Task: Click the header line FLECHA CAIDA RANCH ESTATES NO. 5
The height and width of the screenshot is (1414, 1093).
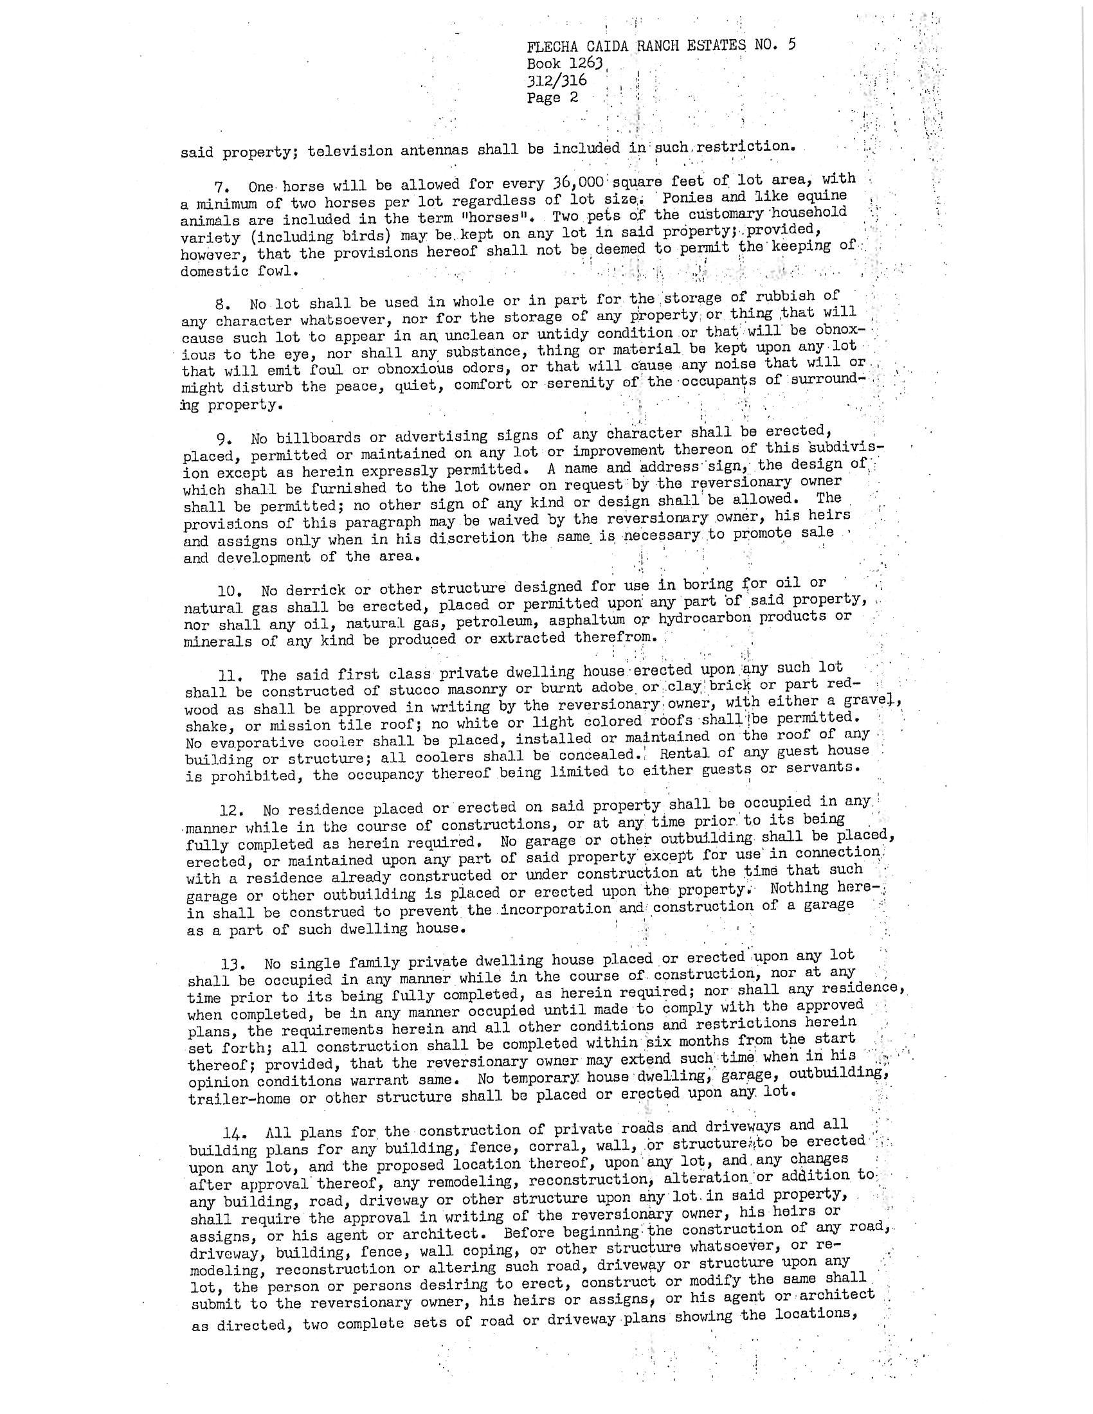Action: click(661, 46)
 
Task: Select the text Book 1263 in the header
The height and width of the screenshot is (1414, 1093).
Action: click(565, 64)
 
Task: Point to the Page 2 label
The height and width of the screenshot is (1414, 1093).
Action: click(552, 98)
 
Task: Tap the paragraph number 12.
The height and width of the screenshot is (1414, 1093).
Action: click(230, 810)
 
